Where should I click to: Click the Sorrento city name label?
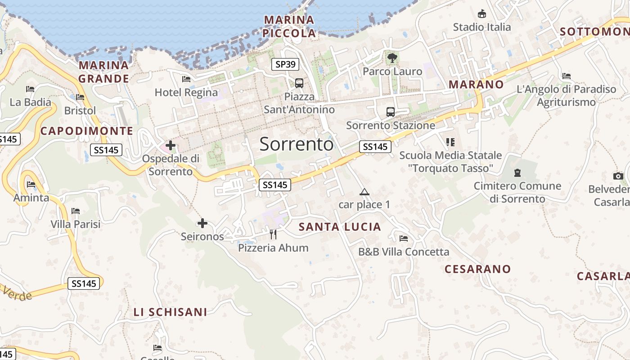pyautogui.click(x=297, y=144)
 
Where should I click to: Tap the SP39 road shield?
pyautogui.click(x=285, y=64)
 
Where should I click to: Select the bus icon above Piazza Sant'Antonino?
pyautogui.click(x=299, y=83)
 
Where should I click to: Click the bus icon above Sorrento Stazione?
pyautogui.click(x=390, y=112)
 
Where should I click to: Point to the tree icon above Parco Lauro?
pyautogui.click(x=392, y=58)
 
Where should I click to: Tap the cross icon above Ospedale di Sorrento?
pyautogui.click(x=171, y=145)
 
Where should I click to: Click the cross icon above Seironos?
pyautogui.click(x=202, y=223)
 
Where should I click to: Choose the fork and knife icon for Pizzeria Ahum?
pyautogui.click(x=273, y=234)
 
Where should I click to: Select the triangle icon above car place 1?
pyautogui.click(x=364, y=192)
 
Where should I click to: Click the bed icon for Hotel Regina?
pyautogui.click(x=186, y=79)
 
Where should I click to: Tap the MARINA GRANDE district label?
pyautogui.click(x=104, y=72)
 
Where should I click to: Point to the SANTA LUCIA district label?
pyautogui.click(x=340, y=227)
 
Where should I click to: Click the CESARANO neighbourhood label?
pyautogui.click(x=478, y=269)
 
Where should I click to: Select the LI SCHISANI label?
pyautogui.click(x=170, y=312)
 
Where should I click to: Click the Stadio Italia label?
pyautogui.click(x=482, y=27)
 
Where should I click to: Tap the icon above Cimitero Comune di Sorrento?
pyautogui.click(x=517, y=172)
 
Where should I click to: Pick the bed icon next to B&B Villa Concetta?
pyautogui.click(x=404, y=238)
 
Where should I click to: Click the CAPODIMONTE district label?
pyautogui.click(x=87, y=131)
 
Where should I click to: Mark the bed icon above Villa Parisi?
pyautogui.click(x=76, y=211)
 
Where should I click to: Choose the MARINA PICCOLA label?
pyautogui.click(x=289, y=27)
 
